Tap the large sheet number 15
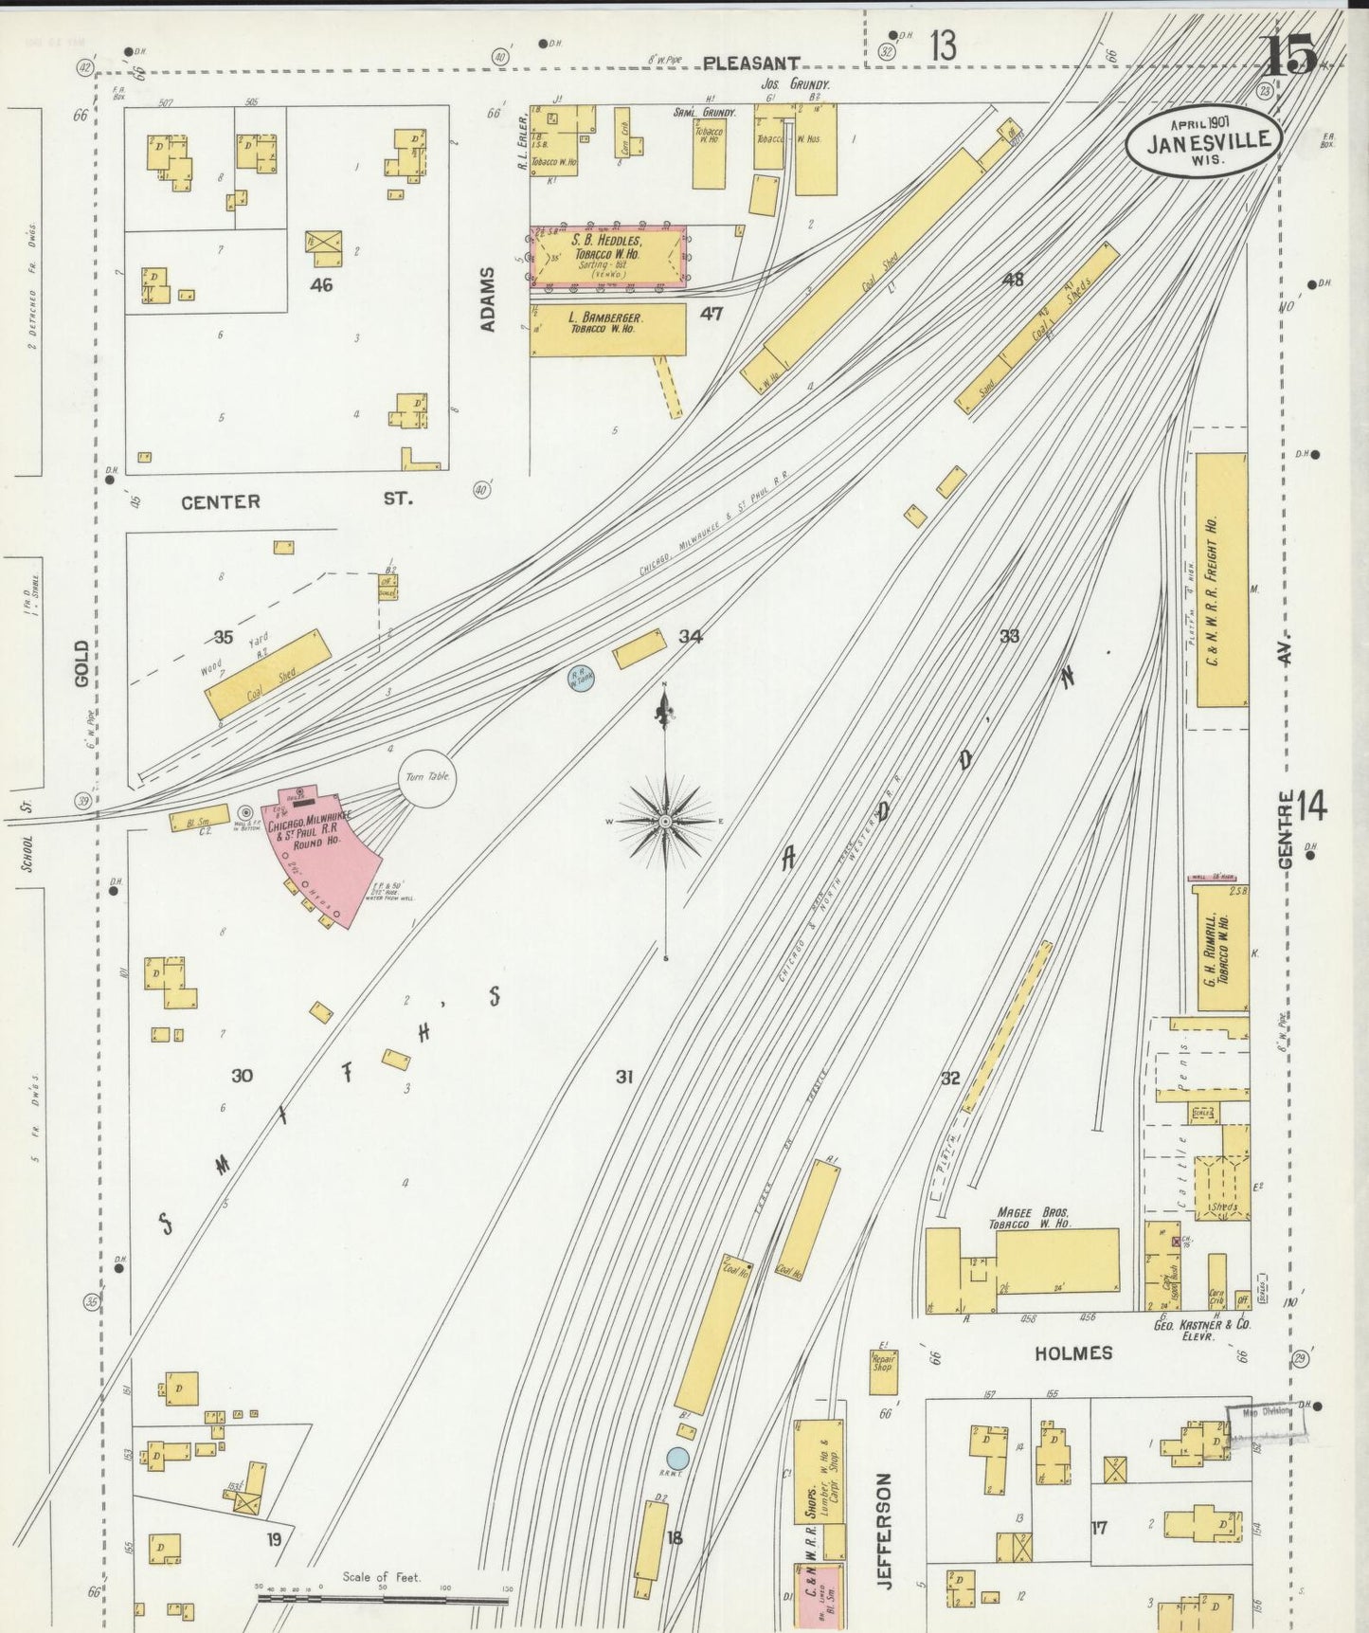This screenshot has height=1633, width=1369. (1290, 55)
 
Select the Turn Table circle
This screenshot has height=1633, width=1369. (427, 777)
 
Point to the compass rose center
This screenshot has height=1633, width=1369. (666, 821)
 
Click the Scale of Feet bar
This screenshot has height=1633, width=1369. (384, 1598)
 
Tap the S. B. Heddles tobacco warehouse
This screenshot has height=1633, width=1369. (607, 256)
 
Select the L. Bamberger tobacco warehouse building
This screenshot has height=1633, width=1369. (607, 329)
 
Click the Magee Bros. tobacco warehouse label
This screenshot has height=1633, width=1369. (1032, 1218)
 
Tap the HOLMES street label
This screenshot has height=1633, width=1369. (1072, 1353)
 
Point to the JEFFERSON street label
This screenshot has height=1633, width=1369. (884, 1531)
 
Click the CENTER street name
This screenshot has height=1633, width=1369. (221, 502)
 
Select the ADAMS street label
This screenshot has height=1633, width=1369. (488, 299)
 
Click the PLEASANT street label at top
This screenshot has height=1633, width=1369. (751, 64)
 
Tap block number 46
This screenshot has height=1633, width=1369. (321, 284)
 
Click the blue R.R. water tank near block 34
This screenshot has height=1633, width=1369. (581, 677)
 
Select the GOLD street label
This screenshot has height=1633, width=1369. (81, 663)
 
